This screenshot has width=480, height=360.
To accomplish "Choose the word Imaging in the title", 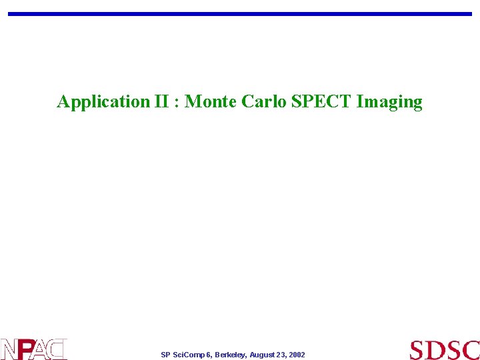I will (389, 102).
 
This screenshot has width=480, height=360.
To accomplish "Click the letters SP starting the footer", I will (166, 355).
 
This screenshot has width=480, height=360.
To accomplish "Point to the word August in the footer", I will (263, 355).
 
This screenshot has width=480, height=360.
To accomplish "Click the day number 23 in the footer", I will (282, 355).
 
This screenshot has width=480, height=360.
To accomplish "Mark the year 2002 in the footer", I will (297, 355).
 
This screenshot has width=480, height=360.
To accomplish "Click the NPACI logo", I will (33, 349).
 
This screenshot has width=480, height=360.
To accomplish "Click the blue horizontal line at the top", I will (240, 13).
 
